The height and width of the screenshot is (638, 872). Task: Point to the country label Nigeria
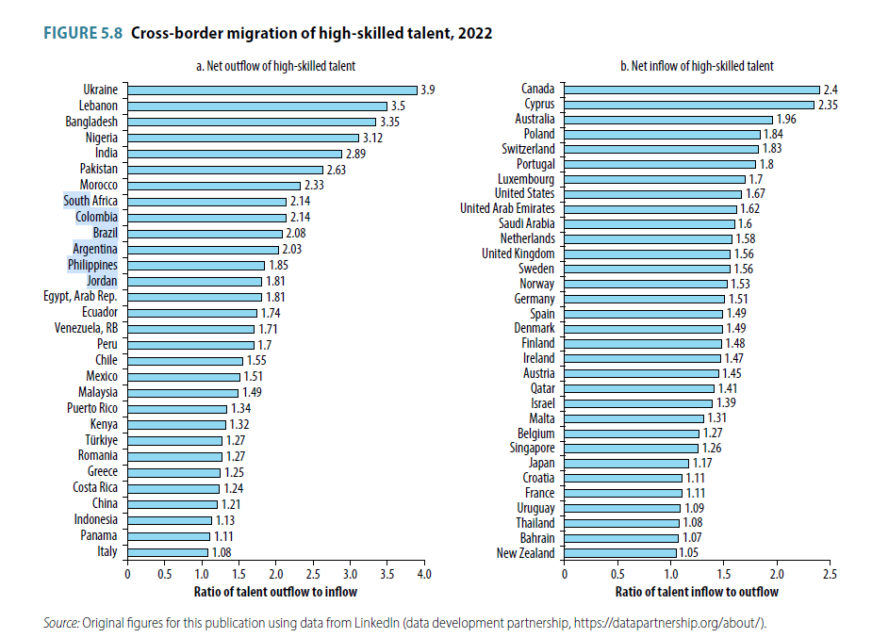pyautogui.click(x=101, y=138)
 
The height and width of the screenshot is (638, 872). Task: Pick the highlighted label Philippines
pyautogui.click(x=92, y=266)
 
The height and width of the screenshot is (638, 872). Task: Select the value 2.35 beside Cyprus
pyautogui.click(x=829, y=105)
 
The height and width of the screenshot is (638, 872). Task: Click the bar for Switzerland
pyautogui.click(x=661, y=149)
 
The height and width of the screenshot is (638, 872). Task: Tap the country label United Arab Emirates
pyautogui.click(x=507, y=208)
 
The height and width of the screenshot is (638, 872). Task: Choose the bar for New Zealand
pyautogui.click(x=619, y=553)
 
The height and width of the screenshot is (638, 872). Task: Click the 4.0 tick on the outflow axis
pyautogui.click(x=423, y=573)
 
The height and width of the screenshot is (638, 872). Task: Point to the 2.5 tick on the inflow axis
pyautogui.click(x=830, y=573)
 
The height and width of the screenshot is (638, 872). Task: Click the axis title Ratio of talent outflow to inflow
pyautogui.click(x=275, y=592)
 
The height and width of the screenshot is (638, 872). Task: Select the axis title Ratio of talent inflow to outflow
pyautogui.click(x=697, y=592)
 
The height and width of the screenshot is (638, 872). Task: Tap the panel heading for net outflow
pyautogui.click(x=274, y=66)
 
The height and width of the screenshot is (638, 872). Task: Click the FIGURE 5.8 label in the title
pyautogui.click(x=83, y=34)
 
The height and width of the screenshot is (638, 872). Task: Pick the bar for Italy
pyautogui.click(x=168, y=553)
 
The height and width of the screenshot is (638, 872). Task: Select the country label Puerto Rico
pyautogui.click(x=92, y=409)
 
